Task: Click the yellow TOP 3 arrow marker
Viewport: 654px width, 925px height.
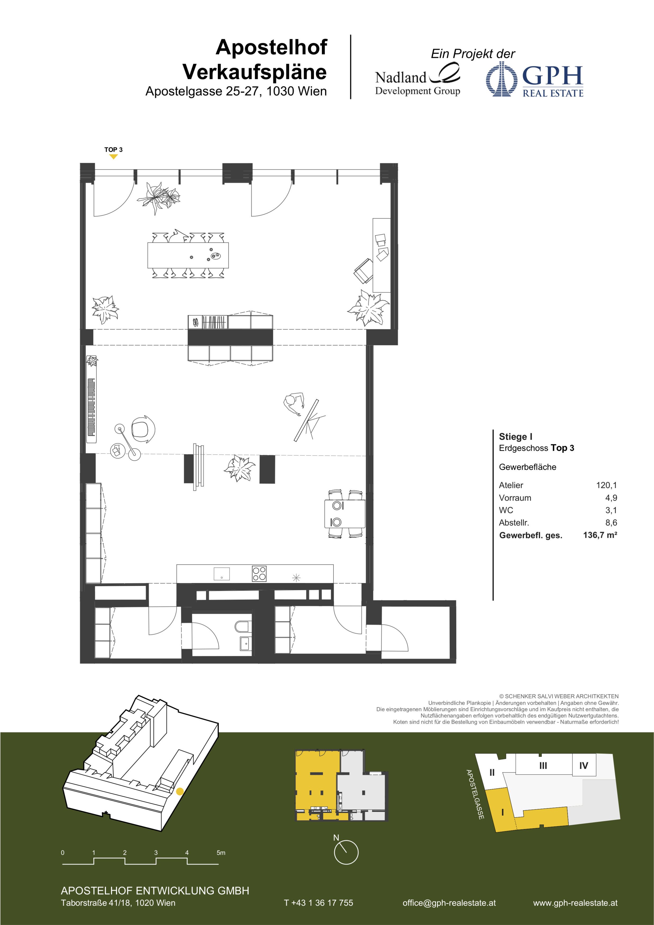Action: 114,157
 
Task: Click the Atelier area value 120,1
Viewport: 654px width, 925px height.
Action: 606,485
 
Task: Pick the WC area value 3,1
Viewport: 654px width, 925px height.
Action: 611,510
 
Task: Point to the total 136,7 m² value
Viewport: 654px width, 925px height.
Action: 600,535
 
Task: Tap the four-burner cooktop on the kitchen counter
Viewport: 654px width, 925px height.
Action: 259,574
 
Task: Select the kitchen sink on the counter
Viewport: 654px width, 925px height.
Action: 221,574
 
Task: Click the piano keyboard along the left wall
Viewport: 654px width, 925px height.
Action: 91,407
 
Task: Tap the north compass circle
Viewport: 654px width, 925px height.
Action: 346,852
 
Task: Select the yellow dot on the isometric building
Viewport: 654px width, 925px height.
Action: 180,791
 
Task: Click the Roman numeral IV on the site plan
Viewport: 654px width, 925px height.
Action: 583,765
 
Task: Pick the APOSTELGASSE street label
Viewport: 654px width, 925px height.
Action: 475,794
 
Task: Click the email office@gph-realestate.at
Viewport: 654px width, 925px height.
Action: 449,903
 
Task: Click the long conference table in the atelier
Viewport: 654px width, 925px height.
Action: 188,255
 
